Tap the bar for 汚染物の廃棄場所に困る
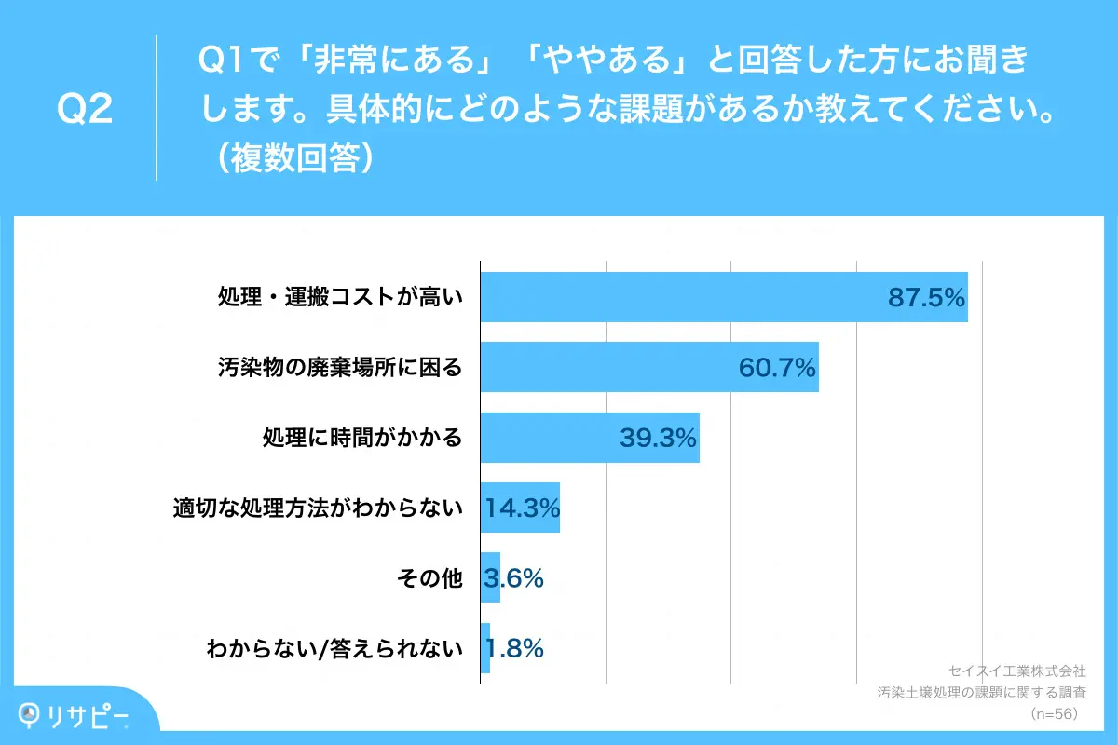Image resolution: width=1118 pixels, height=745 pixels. (x=606, y=367)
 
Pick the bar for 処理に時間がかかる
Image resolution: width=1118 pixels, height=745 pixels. (x=550, y=438)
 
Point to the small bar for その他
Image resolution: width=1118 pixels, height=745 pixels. (x=490, y=578)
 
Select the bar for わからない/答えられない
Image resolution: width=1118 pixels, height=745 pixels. (x=485, y=648)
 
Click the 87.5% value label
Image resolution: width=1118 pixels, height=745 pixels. (x=925, y=297)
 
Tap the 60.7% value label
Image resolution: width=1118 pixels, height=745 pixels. (x=777, y=367)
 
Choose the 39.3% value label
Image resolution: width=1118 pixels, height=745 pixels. (x=658, y=438)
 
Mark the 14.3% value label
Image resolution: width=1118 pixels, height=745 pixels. (x=522, y=508)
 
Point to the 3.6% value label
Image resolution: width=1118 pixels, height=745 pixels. (x=513, y=578)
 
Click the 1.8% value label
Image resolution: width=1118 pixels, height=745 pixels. (x=513, y=648)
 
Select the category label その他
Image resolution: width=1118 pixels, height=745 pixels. (x=429, y=578)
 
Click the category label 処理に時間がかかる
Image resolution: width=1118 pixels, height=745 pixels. (x=362, y=438)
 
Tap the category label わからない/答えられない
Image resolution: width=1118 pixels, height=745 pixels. (x=334, y=648)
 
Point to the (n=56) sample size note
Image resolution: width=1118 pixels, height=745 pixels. (x=1054, y=713)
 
